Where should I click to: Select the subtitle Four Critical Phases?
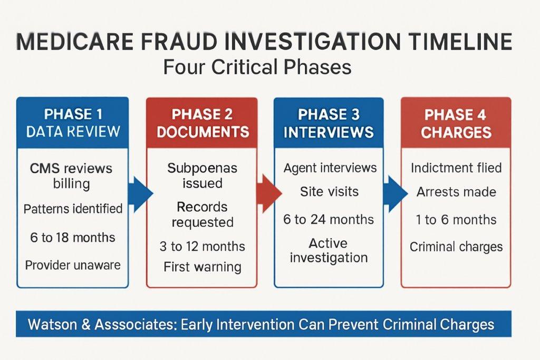click(257, 68)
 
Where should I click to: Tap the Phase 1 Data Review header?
click(73, 122)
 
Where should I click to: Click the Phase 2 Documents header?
click(202, 123)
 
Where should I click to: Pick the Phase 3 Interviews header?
click(329, 123)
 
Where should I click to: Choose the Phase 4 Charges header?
click(456, 123)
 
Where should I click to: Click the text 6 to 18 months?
click(73, 237)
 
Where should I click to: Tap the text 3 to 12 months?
click(202, 246)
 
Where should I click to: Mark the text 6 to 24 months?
click(329, 220)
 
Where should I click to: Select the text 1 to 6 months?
click(456, 220)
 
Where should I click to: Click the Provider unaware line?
click(73, 265)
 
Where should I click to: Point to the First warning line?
click(202, 267)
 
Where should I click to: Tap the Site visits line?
click(329, 192)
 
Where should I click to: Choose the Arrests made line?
click(456, 192)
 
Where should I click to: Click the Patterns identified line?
click(73, 209)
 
